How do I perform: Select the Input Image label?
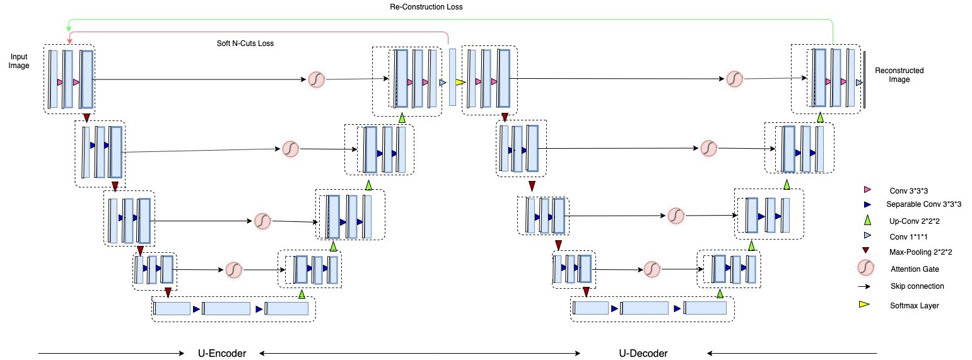(19, 61)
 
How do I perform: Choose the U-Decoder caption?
(642, 353)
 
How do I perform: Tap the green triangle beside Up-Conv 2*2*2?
(867, 219)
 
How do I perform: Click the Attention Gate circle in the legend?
(867, 269)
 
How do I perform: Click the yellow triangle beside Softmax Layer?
(866, 305)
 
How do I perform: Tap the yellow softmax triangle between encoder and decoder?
(459, 82)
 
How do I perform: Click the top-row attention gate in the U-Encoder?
(316, 80)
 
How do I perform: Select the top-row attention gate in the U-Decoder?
(734, 79)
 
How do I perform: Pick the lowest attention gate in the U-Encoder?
(233, 269)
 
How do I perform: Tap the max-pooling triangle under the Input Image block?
(86, 118)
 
